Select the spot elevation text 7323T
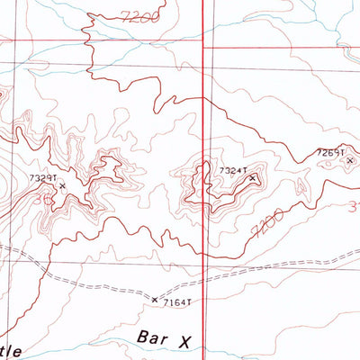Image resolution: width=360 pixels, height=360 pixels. [x=42, y=179]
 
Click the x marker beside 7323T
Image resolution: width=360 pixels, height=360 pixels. [x=62, y=186]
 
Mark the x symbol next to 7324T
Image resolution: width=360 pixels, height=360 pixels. [x=253, y=177]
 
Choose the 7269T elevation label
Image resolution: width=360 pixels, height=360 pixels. [x=330, y=153]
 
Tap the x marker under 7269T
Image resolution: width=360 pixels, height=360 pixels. [x=350, y=160]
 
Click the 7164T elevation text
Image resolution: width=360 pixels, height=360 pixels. [x=178, y=302]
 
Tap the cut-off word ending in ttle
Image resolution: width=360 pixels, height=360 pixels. [x=13, y=346]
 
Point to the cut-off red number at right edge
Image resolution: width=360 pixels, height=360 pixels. [x=354, y=209]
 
